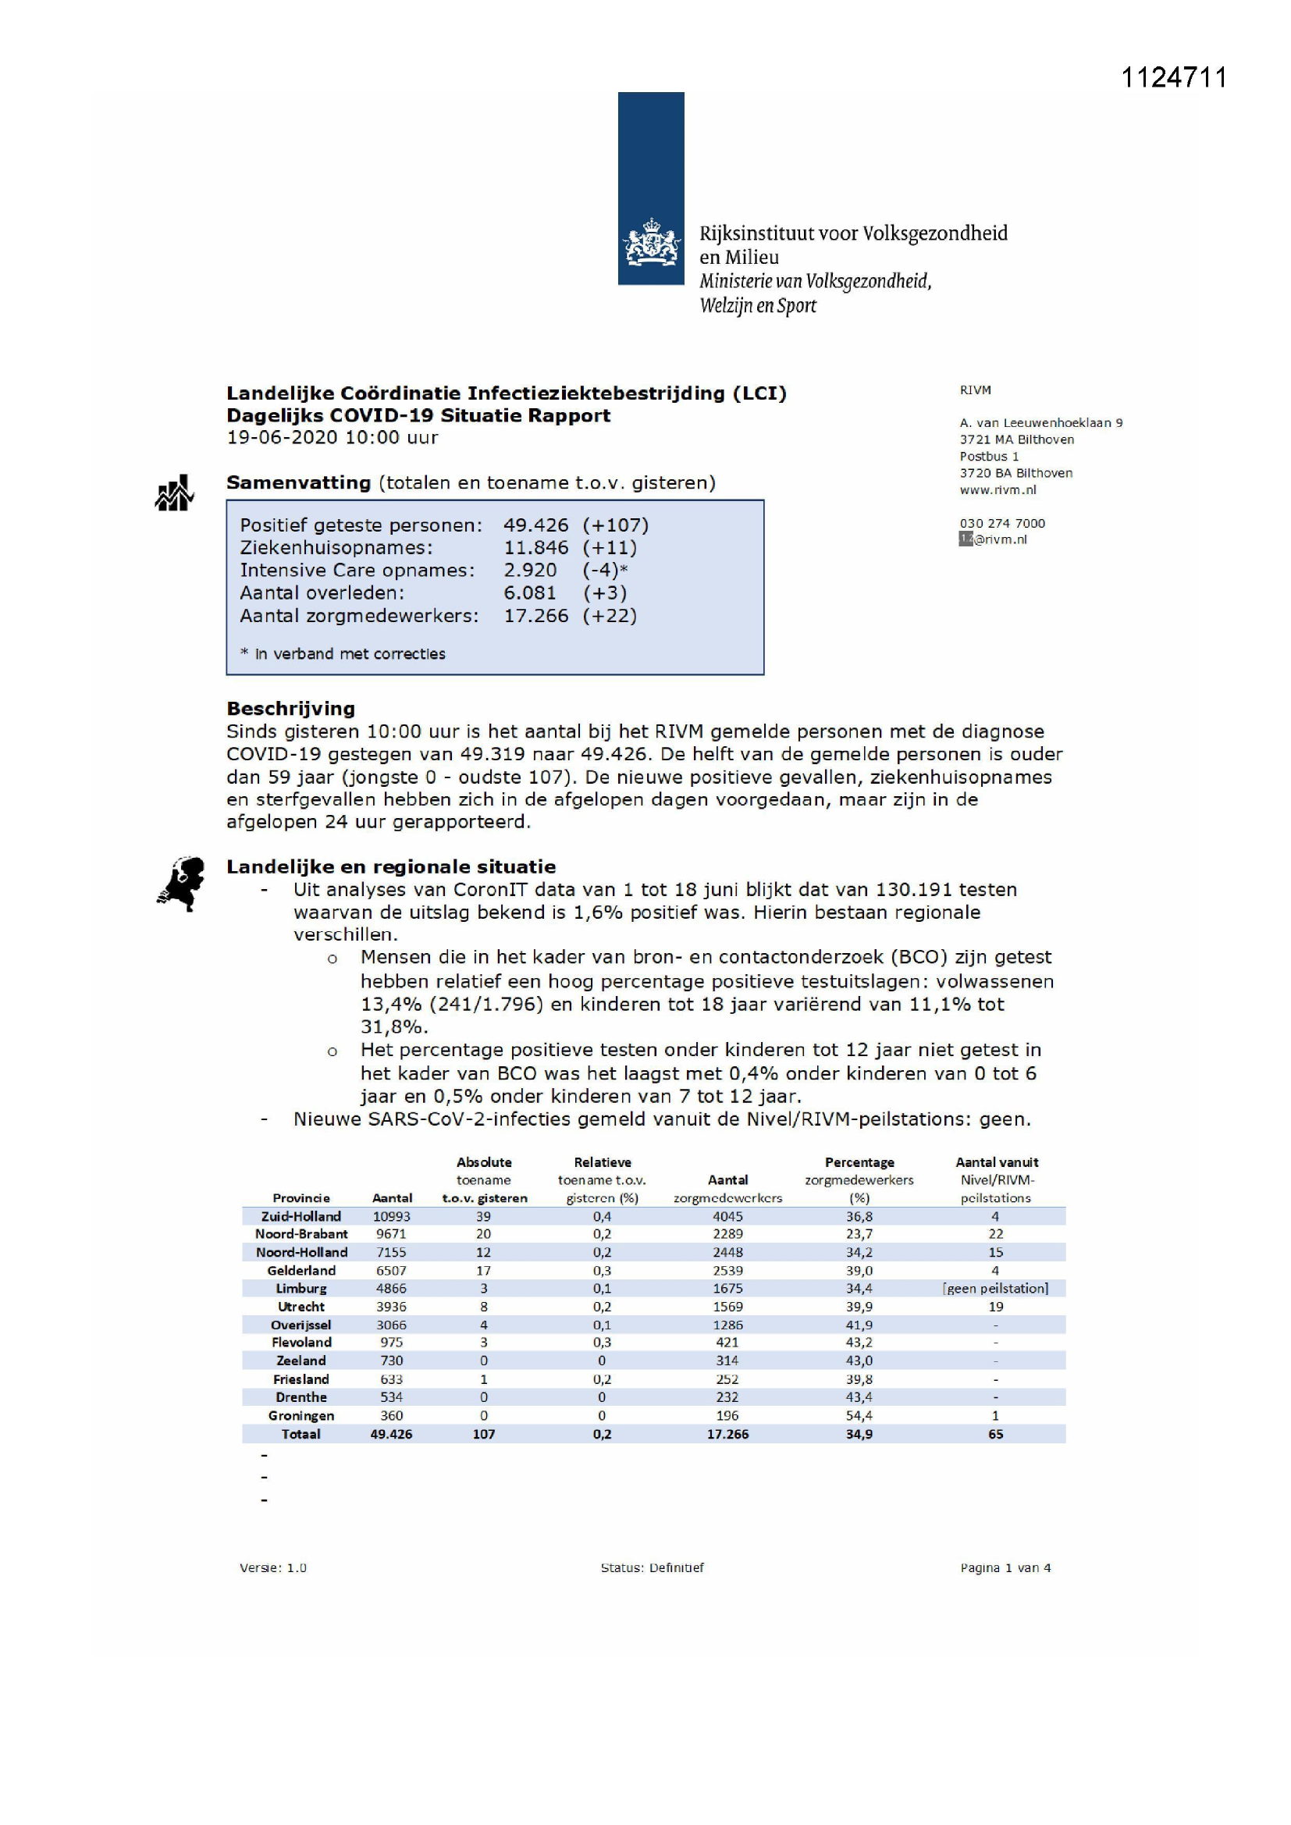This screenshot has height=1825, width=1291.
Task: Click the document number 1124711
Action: click(1173, 78)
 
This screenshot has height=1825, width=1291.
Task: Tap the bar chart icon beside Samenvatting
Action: click(174, 493)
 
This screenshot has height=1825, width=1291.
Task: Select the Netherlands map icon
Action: click(181, 883)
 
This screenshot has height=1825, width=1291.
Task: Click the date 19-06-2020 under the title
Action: click(275, 438)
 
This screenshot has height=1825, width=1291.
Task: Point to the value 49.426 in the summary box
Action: click(535, 525)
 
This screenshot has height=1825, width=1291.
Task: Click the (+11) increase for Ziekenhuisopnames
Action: click(609, 548)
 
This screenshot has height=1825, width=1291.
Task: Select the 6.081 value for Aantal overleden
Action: click(529, 593)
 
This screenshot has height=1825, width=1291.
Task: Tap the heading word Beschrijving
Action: click(290, 708)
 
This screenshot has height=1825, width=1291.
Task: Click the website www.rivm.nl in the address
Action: click(998, 489)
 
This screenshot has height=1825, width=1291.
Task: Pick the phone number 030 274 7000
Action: click(1001, 523)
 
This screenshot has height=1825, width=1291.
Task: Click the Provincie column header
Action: click(301, 1198)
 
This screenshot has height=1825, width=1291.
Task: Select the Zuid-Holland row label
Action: click(301, 1216)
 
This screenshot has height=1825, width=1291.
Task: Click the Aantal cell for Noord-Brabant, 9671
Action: click(391, 1233)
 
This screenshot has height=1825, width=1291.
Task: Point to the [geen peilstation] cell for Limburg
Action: click(995, 1289)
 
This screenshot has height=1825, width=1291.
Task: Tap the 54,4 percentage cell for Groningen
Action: click(859, 1416)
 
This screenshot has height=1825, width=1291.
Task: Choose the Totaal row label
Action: click(301, 1434)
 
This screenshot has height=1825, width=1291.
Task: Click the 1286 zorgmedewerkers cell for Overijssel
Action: click(727, 1325)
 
